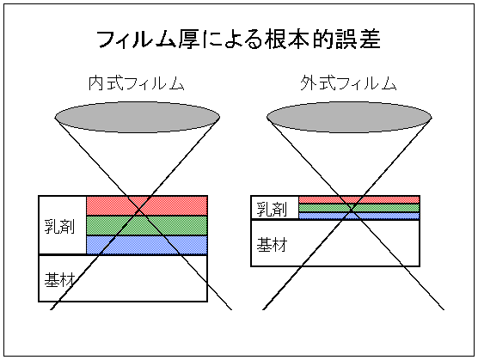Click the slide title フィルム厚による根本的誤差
click(239, 40)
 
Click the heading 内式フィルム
click(137, 83)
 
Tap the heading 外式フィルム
click(348, 83)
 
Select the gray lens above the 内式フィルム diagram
click(138, 117)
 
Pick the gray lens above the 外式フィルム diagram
click(349, 117)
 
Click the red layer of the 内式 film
click(147, 206)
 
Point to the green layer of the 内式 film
click(147, 225)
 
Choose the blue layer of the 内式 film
click(147, 245)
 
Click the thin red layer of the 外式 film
click(359, 200)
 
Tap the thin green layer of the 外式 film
click(359, 208)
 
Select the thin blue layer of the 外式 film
click(359, 216)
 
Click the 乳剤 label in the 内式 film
click(59, 226)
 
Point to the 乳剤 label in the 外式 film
click(272, 210)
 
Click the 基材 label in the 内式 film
click(59, 279)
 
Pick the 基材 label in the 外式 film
click(272, 245)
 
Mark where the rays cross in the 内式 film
click(138, 210)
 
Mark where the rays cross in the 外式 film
click(351, 210)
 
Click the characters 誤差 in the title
click(358, 40)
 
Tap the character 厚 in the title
click(188, 40)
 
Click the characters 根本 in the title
click(287, 40)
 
